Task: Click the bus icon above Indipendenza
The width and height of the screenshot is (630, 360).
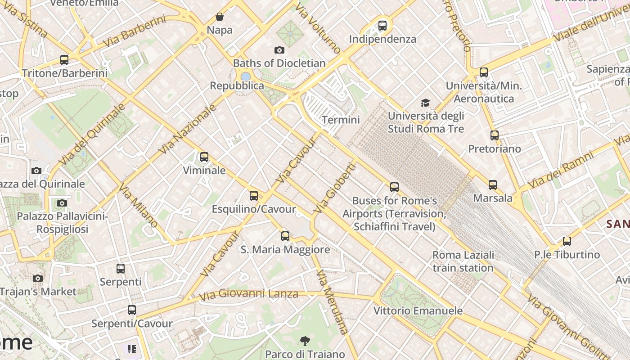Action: click(x=382, y=26)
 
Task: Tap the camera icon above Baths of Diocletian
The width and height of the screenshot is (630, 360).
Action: click(x=279, y=50)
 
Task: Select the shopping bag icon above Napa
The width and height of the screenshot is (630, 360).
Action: click(x=220, y=17)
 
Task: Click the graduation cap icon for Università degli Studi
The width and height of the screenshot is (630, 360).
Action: click(x=425, y=103)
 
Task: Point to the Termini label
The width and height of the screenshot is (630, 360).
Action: click(x=341, y=120)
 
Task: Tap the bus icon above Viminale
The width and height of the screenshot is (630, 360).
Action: click(x=204, y=157)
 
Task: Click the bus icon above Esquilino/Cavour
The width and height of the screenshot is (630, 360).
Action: click(x=254, y=196)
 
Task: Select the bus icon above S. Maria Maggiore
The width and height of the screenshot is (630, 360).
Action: click(x=285, y=236)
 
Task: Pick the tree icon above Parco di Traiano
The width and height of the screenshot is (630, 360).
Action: click(x=305, y=341)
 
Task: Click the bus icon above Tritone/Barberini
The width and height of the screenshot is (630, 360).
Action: click(x=64, y=60)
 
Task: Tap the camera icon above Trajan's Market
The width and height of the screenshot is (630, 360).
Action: click(x=38, y=279)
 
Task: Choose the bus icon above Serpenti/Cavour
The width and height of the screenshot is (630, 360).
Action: click(x=131, y=310)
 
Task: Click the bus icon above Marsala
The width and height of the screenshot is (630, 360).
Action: click(x=493, y=185)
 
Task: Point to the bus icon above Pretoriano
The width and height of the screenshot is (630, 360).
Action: click(x=495, y=135)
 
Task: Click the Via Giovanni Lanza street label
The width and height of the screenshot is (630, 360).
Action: click(x=249, y=295)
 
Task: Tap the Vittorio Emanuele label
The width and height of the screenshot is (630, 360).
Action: click(x=418, y=311)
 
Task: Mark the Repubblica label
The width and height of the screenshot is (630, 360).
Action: click(x=237, y=85)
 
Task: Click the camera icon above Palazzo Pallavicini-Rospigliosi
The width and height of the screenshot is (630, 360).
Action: click(x=62, y=203)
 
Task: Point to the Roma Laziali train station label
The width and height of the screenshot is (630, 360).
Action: click(x=463, y=261)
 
